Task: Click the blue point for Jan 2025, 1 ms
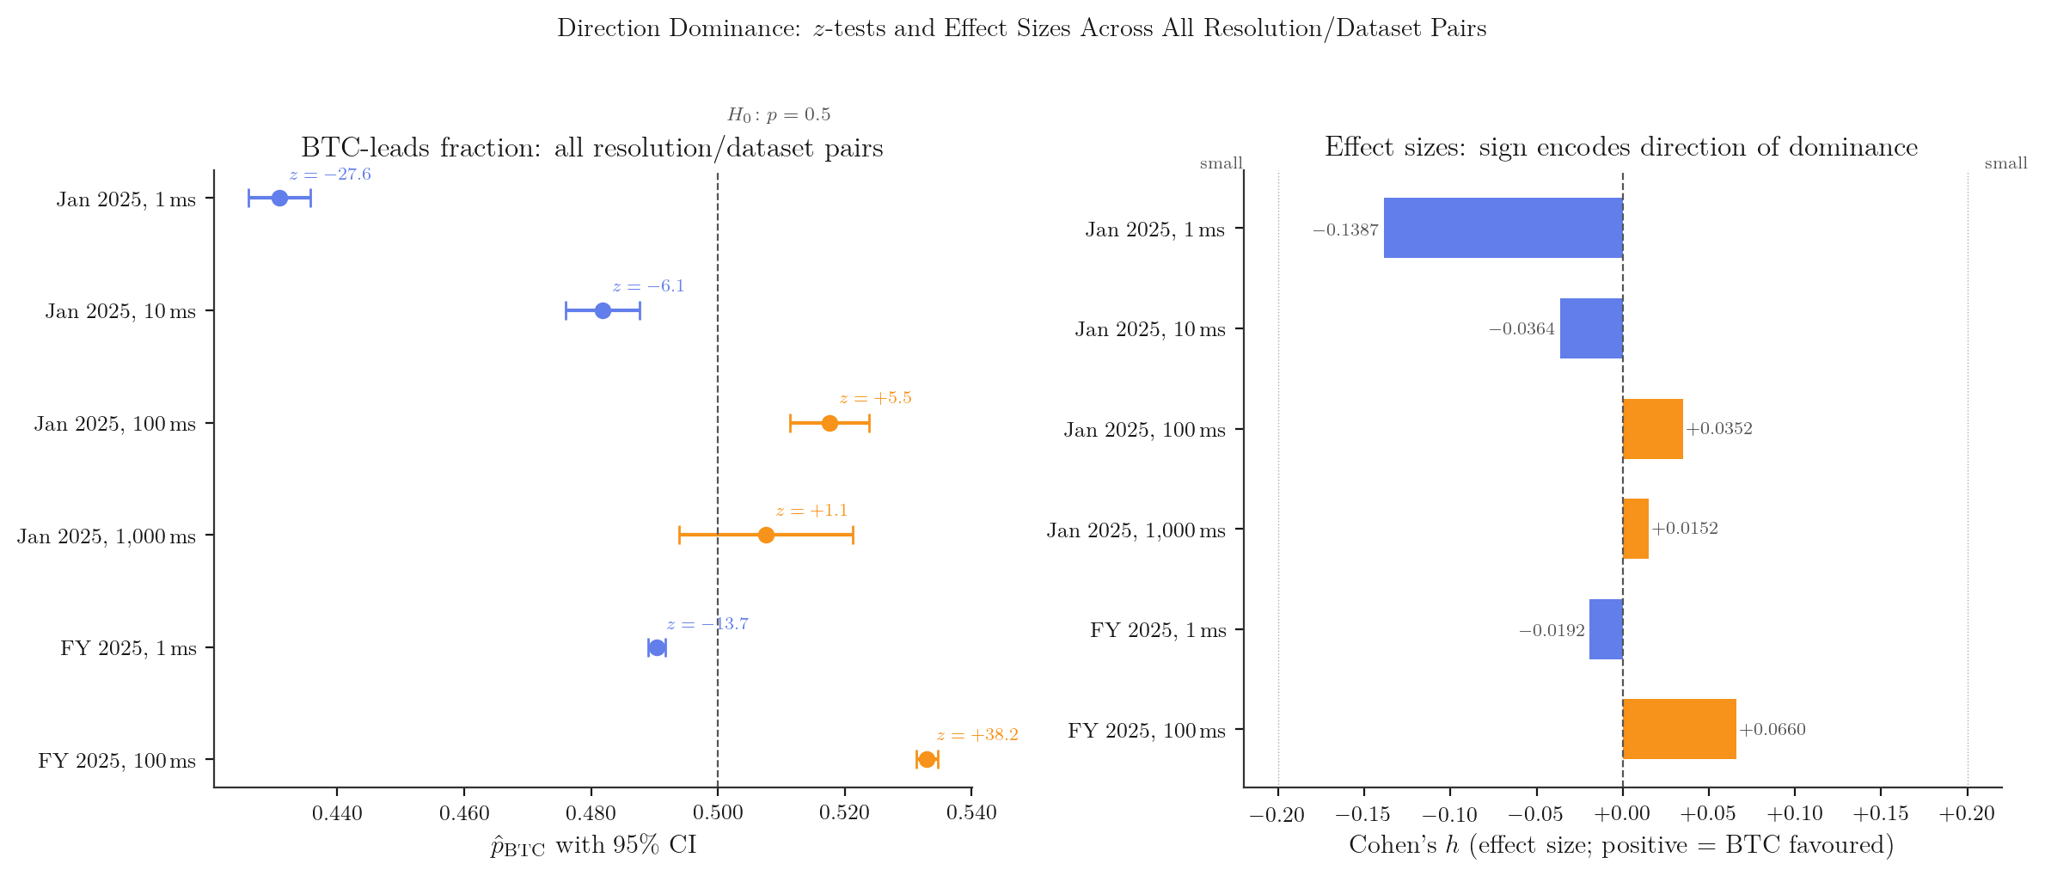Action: [x=279, y=199]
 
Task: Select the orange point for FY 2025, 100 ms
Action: [x=927, y=760]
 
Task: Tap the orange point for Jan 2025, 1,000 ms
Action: [x=766, y=536]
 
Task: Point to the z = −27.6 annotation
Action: [x=330, y=175]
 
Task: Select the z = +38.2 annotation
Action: [x=977, y=736]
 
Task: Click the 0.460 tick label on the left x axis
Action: [x=464, y=813]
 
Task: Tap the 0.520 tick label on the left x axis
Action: [x=845, y=813]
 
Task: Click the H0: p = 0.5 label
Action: [x=779, y=115]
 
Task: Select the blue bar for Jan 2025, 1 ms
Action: [x=1503, y=228]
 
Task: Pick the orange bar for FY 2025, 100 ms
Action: [x=1679, y=729]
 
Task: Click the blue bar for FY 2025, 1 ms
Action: [x=1606, y=629]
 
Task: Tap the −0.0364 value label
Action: [x=1522, y=330]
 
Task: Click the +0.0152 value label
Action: [x=1685, y=529]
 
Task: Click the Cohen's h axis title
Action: [x=1621, y=846]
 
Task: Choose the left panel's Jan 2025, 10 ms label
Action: [x=120, y=311]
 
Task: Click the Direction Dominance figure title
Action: [x=1021, y=28]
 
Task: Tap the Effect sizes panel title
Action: [x=1620, y=148]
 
